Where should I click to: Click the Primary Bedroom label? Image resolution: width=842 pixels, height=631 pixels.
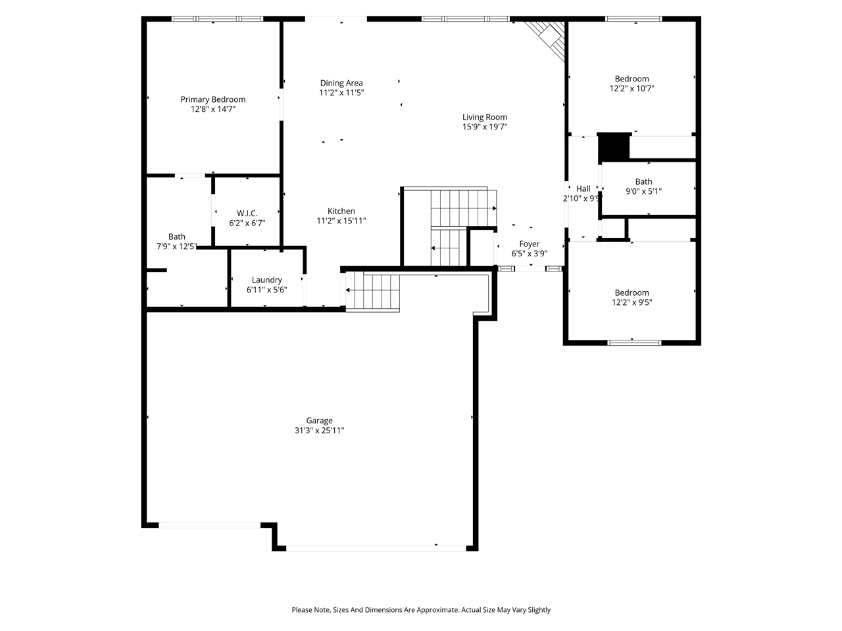[x=213, y=99]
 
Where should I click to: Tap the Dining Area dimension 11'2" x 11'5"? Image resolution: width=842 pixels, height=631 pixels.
[x=341, y=93]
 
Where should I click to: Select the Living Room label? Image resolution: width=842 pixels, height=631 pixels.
[x=485, y=117]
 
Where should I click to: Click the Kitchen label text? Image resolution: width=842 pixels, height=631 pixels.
[x=341, y=211]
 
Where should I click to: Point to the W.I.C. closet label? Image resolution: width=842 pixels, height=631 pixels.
[x=247, y=213]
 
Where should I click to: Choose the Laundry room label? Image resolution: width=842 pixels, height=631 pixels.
[x=266, y=279]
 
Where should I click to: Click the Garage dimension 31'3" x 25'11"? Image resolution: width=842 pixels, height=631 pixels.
[x=320, y=431]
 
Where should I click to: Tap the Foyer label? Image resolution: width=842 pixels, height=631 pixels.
[x=530, y=244]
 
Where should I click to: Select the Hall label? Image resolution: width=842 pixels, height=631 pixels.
[x=583, y=189]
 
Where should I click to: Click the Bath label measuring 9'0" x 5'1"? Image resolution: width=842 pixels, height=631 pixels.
[x=643, y=182]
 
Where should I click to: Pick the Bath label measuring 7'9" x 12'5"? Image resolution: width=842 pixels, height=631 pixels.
[x=176, y=237]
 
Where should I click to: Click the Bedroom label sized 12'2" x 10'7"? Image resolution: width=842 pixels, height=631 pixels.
[x=631, y=79]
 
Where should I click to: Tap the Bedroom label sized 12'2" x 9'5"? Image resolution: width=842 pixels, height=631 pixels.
[x=631, y=292]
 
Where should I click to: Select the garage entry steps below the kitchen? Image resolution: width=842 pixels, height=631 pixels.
[x=373, y=291]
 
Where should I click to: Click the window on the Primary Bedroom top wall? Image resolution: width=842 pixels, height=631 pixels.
[x=217, y=19]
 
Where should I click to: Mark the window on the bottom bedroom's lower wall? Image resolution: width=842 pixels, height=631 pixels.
[x=634, y=342]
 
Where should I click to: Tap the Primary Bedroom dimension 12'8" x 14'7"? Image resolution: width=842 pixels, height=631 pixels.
[x=213, y=109]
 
